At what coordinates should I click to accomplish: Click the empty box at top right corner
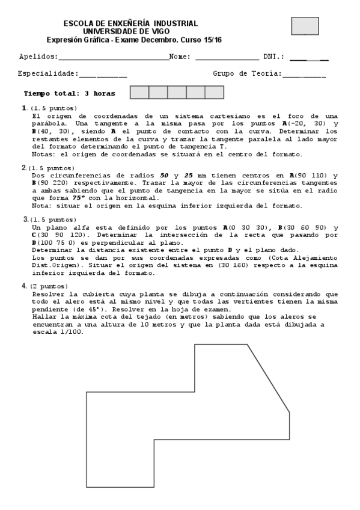click(305, 26)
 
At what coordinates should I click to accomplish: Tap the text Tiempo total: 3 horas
click(69, 94)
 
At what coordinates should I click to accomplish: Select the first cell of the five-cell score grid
click(139, 93)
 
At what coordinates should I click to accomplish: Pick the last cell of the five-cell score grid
click(214, 93)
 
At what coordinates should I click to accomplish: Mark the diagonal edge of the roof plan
click(269, 378)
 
